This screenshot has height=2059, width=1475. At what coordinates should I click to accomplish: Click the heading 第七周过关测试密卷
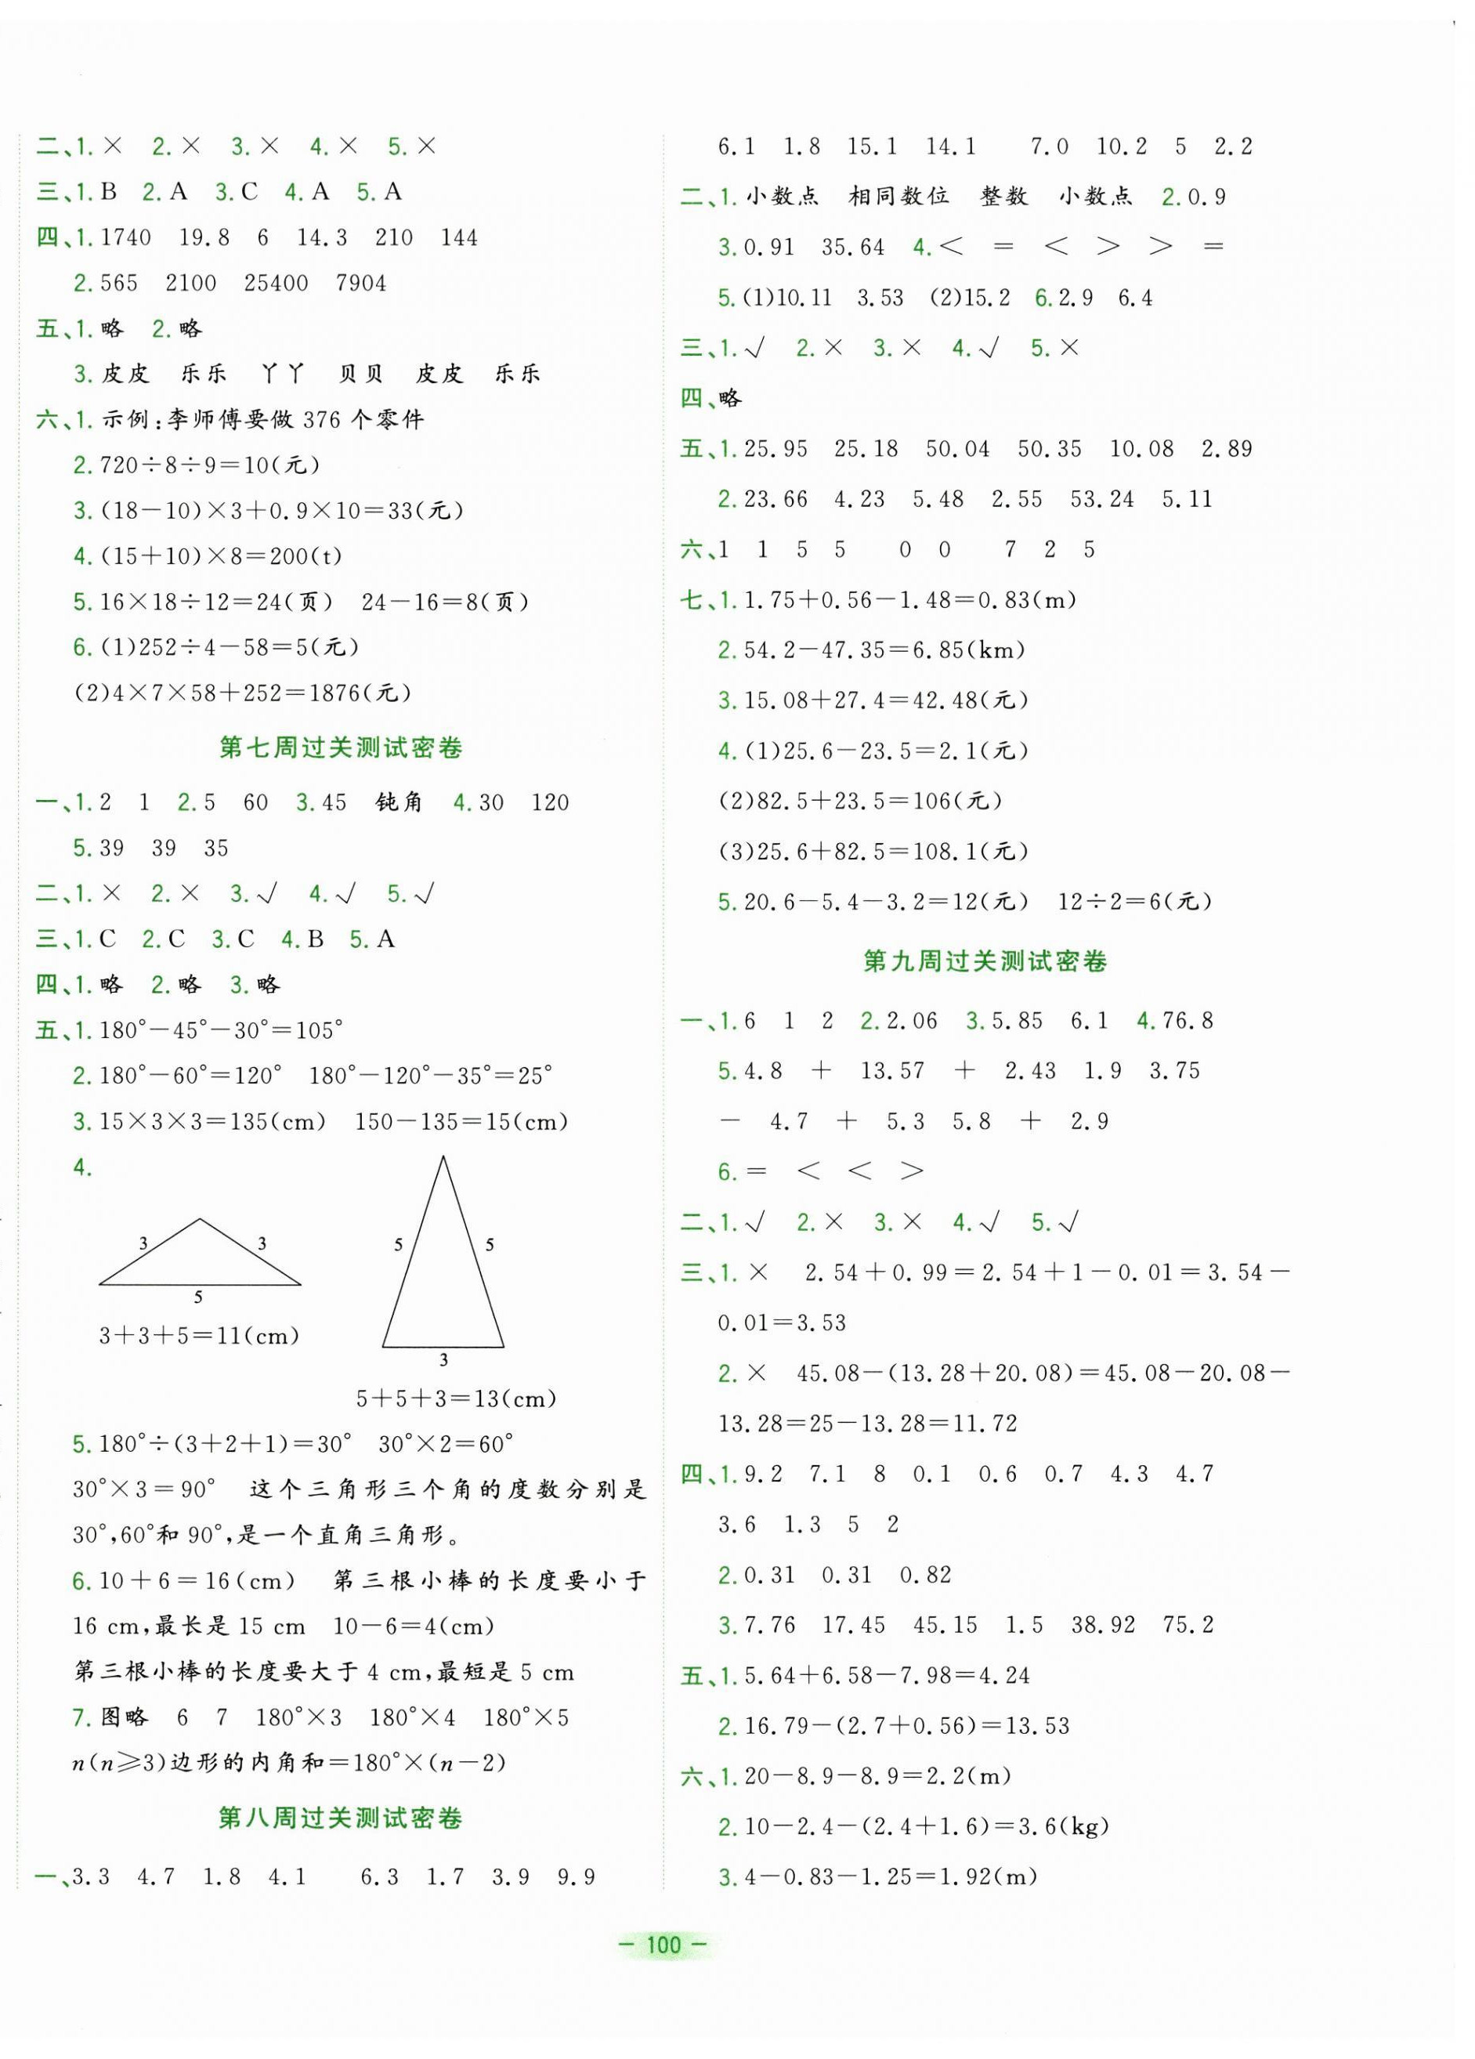[342, 748]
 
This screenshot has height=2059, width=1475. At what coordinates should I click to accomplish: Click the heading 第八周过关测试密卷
[342, 1818]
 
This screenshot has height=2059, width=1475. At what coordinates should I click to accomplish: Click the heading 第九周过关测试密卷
[985, 961]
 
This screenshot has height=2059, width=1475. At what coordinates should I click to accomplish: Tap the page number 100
[664, 1944]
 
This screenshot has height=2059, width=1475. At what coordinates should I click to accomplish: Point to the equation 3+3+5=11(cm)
[200, 1335]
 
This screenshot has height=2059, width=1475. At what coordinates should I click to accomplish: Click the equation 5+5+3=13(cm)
[457, 1399]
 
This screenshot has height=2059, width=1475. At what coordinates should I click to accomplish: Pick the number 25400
[276, 284]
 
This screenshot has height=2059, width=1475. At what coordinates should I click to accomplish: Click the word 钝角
[399, 802]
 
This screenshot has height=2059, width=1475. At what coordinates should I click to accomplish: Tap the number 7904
[361, 284]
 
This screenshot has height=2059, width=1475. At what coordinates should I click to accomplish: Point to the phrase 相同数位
[898, 196]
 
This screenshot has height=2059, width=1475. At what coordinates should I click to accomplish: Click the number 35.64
[852, 247]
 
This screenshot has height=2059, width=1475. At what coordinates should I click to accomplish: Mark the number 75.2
[1188, 1625]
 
